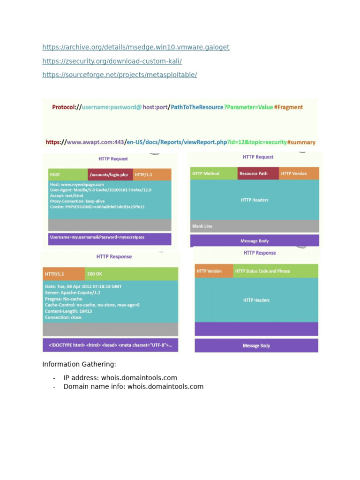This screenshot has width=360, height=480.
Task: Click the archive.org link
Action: (136, 47)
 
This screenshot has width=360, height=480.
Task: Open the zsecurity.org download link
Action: (112, 61)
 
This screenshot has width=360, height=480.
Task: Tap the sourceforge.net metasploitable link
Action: (120, 75)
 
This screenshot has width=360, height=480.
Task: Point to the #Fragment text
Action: (289, 107)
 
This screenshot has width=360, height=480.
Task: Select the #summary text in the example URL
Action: (301, 142)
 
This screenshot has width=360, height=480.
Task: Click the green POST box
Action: (67, 175)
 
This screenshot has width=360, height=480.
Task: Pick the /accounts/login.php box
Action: (110, 175)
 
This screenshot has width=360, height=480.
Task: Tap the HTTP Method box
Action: (213, 173)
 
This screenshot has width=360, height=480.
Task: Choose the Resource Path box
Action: (258, 173)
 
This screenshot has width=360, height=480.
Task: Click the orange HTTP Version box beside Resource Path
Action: (299, 173)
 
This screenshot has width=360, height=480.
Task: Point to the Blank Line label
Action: (202, 226)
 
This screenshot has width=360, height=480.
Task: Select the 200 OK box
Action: (131, 274)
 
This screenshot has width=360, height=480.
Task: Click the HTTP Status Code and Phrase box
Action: (276, 271)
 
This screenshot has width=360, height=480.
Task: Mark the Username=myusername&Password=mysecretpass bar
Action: (110, 238)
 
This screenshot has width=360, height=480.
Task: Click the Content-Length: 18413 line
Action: (68, 311)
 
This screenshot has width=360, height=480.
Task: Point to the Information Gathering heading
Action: (79, 364)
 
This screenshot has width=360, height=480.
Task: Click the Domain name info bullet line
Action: (134, 387)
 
